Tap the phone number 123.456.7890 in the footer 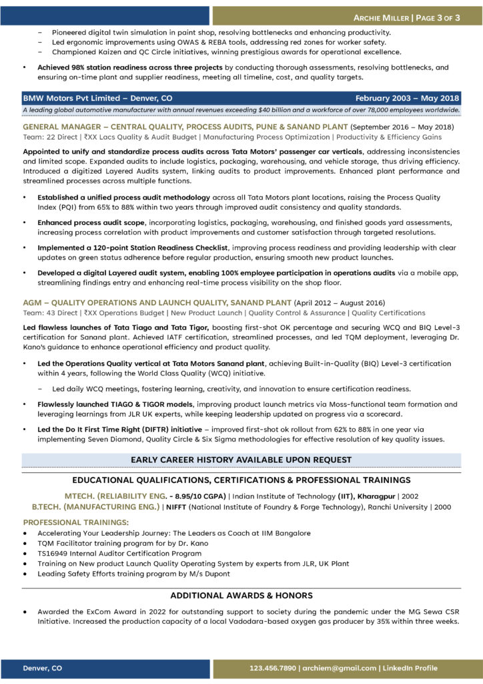(273, 667)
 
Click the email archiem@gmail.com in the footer (340, 667)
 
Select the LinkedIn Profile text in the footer (410, 667)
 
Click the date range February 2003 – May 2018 (407, 97)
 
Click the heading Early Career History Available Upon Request (241, 460)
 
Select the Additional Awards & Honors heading (241, 595)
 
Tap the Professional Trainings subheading (67, 522)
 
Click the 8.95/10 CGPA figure (197, 496)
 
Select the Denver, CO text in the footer (43, 667)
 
